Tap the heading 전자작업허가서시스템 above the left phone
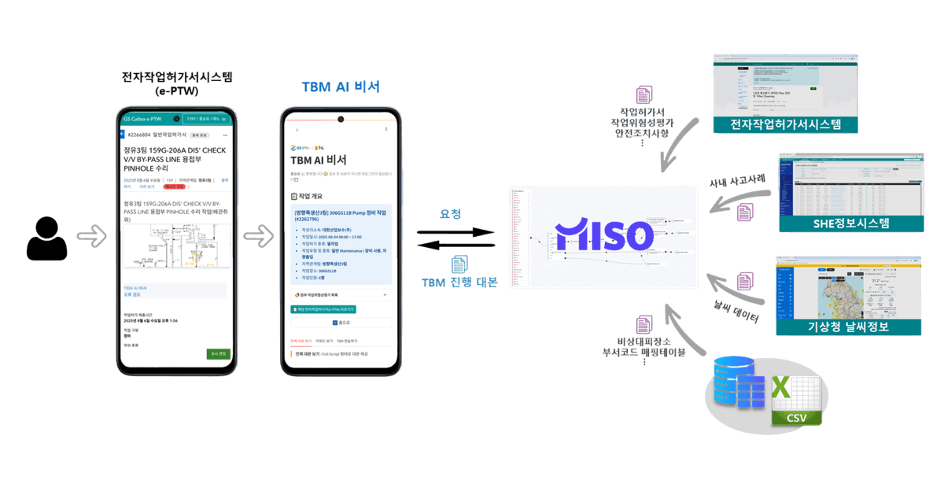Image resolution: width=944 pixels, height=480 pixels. click(x=177, y=78)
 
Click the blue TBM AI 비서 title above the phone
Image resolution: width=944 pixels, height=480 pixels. click(x=340, y=87)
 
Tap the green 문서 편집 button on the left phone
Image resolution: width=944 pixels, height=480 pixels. click(x=218, y=354)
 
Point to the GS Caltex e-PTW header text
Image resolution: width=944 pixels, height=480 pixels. click(x=142, y=119)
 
